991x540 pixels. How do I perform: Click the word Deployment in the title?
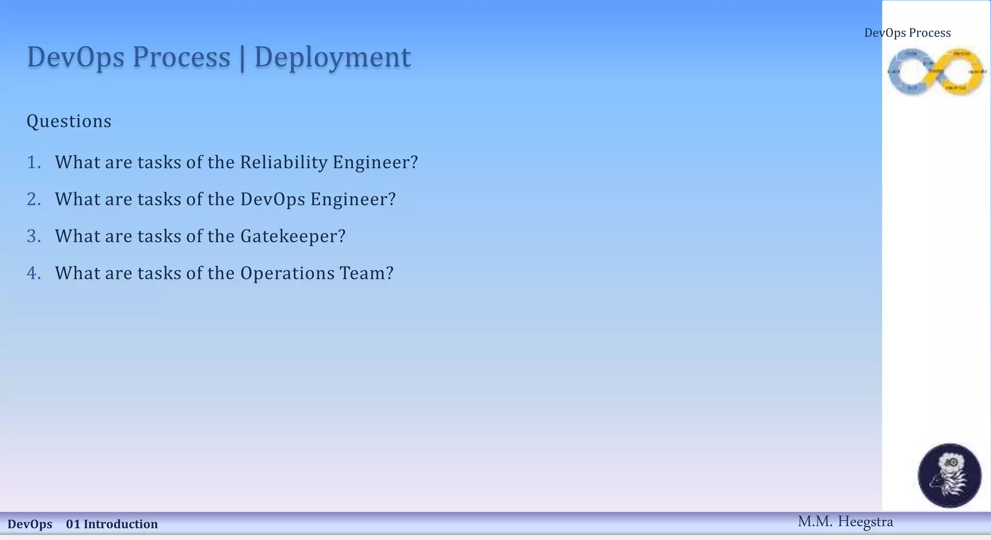332,58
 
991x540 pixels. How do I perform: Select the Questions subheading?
69,121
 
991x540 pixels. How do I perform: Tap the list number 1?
33,162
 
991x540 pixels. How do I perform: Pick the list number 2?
33,199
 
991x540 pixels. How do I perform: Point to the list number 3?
33,236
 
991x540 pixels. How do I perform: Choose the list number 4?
33,273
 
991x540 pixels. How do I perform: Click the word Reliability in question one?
284,162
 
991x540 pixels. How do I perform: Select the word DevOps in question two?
272,199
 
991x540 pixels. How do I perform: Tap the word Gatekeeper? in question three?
293,236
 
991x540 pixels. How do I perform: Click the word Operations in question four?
287,273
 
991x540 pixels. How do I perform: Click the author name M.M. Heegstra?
845,522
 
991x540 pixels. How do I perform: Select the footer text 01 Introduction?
112,524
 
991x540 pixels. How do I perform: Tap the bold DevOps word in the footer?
30,524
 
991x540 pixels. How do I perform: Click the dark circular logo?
949,475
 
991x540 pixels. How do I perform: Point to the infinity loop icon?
936,72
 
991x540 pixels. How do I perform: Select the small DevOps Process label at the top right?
907,33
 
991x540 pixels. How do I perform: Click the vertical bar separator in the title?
242,58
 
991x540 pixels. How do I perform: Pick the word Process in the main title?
181,58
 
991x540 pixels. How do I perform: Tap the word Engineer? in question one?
375,162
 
